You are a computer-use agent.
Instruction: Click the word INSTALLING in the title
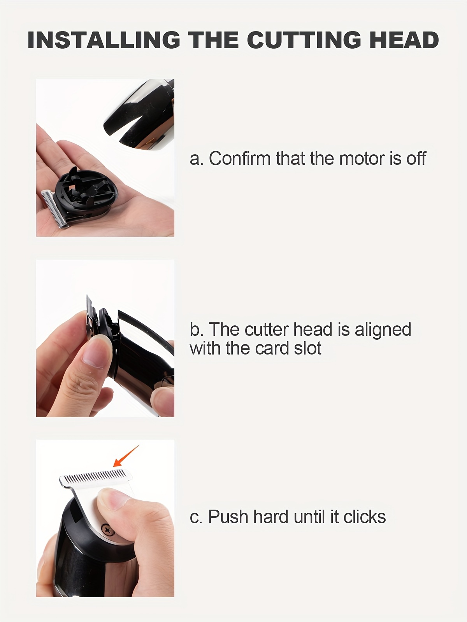click(104, 40)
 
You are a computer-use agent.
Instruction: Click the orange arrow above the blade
click(126, 456)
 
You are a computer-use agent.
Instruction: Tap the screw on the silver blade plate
click(107, 529)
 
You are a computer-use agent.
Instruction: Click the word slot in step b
click(308, 348)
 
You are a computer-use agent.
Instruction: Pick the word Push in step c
click(229, 517)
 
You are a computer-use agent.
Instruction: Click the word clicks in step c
click(365, 517)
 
